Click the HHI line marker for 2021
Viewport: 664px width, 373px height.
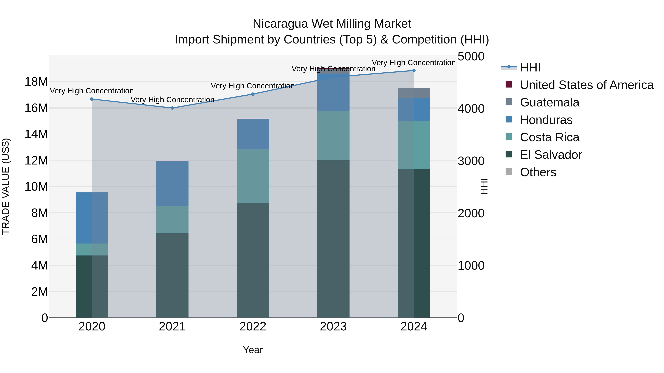[x=172, y=108]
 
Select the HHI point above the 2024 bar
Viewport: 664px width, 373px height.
[x=414, y=70]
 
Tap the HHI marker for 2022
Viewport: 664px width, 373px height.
[x=253, y=94]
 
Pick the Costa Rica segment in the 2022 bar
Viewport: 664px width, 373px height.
[x=253, y=176]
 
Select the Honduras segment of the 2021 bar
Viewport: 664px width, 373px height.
[x=172, y=183]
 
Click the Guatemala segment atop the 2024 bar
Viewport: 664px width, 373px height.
[x=414, y=93]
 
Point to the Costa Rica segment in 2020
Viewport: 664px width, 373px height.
[x=92, y=249]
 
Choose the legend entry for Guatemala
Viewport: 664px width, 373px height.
[x=549, y=102]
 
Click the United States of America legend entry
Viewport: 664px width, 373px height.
[x=586, y=85]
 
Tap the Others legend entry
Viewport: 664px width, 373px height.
[x=538, y=172]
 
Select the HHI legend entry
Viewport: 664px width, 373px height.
[x=530, y=67]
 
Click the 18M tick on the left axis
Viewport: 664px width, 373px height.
[x=36, y=82]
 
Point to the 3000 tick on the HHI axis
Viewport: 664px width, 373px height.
[x=471, y=161]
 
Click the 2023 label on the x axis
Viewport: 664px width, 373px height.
[x=333, y=326]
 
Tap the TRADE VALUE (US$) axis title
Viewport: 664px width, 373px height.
[x=6, y=186]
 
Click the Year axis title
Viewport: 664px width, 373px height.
[x=253, y=350]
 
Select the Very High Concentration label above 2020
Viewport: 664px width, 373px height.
[x=92, y=91]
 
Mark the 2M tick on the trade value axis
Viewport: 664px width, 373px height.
[x=39, y=292]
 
